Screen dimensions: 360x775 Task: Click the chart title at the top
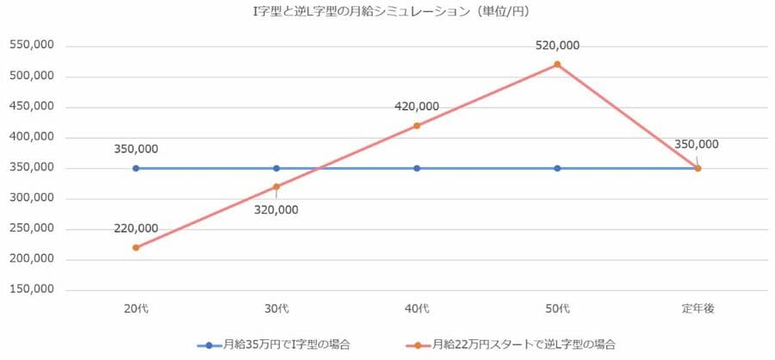tap(387, 12)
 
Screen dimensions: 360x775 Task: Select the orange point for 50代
tap(557, 65)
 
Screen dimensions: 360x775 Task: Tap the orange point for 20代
tap(136, 248)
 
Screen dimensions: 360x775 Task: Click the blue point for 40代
tap(417, 169)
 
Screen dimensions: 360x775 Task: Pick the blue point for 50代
tap(557, 169)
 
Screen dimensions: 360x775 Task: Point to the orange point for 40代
tap(417, 126)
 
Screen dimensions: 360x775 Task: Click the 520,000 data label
tap(557, 46)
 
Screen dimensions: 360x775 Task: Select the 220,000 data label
tap(136, 228)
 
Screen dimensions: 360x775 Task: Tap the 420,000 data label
tap(417, 107)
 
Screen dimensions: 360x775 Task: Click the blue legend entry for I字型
tap(276, 344)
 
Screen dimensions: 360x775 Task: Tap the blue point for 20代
tap(136, 169)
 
